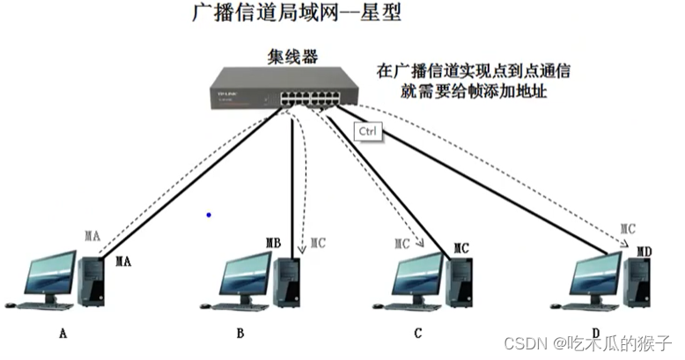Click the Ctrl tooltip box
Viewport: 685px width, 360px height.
[x=366, y=132]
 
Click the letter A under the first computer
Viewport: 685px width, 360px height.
[x=63, y=333]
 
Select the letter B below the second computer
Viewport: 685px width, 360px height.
[x=240, y=333]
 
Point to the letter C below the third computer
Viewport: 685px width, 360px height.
[x=417, y=333]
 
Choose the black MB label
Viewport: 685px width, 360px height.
[x=273, y=243]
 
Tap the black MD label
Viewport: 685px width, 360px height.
[x=644, y=252]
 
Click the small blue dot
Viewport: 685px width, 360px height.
[x=209, y=214]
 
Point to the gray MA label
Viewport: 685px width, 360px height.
[x=92, y=237]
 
